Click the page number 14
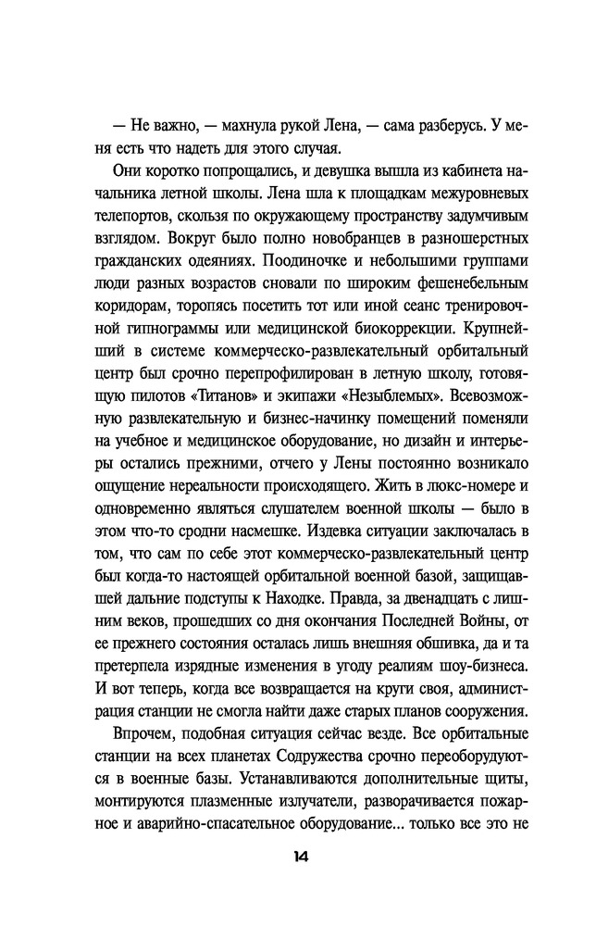tap(297, 856)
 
